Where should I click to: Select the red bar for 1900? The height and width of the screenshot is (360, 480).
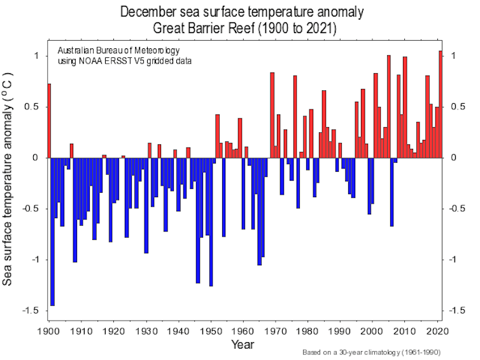[x=49, y=121]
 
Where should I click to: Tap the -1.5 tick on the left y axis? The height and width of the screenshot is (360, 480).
[x=32, y=310]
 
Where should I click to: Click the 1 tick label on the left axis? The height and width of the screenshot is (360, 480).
[x=37, y=56]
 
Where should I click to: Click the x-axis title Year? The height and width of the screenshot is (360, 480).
[x=243, y=345]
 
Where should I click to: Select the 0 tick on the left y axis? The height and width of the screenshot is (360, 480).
[x=37, y=158]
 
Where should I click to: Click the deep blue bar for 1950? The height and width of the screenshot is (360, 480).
[x=211, y=222]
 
